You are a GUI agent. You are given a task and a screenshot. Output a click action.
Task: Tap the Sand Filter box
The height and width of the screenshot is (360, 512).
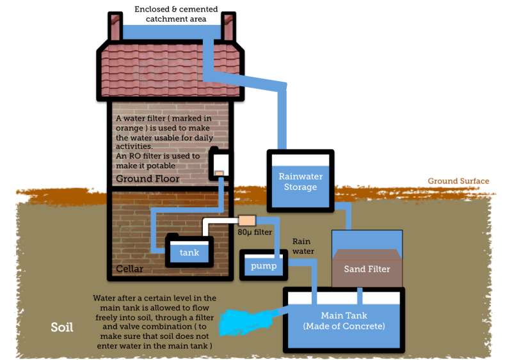coord(367,268)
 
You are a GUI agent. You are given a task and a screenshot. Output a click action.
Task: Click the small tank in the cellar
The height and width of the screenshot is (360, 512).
coord(189,252)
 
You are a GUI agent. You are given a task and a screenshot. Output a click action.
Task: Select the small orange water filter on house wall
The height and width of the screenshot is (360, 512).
coord(218,173)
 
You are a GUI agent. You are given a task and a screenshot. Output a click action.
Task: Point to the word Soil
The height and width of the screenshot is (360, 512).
coord(62,328)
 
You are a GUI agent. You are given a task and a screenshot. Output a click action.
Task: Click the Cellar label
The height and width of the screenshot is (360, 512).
coord(129,269)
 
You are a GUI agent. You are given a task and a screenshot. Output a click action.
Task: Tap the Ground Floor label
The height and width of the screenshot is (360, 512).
coord(147,179)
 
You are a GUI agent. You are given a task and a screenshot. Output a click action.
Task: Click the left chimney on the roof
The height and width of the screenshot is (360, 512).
coord(116,26)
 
